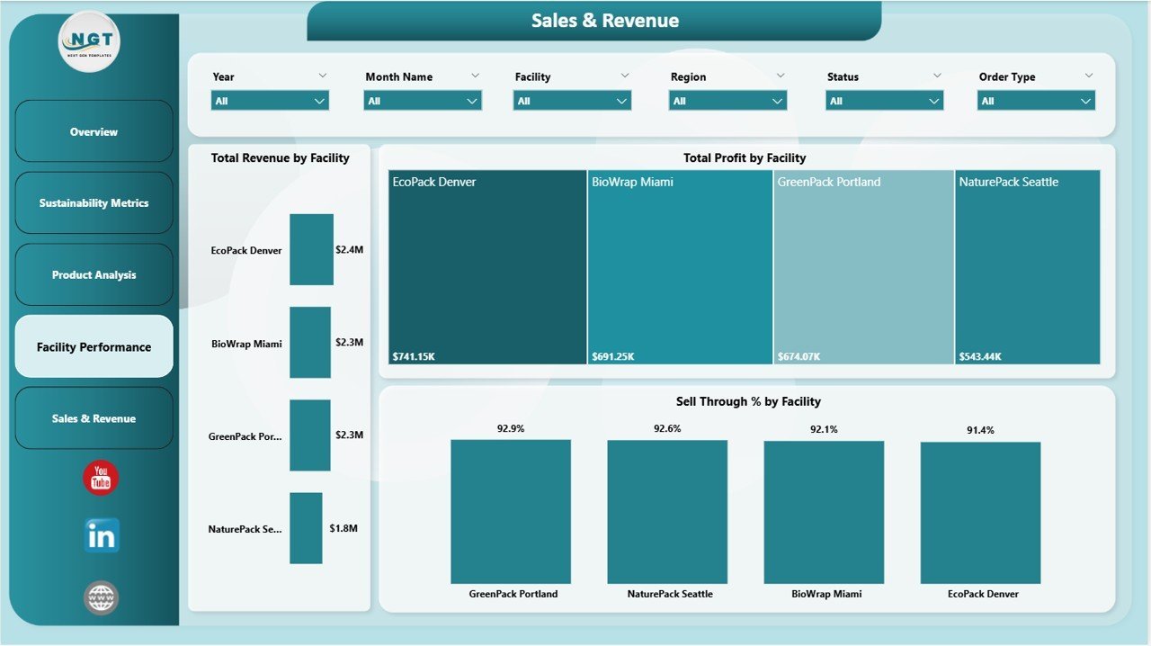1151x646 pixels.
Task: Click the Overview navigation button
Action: (x=94, y=131)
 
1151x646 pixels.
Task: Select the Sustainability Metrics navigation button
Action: (x=94, y=203)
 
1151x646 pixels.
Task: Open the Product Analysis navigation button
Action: (x=94, y=275)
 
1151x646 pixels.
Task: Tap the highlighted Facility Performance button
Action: (x=94, y=346)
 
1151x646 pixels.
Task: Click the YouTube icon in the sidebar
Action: (x=101, y=478)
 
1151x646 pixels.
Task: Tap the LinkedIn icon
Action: (x=101, y=536)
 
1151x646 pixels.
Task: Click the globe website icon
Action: (x=101, y=597)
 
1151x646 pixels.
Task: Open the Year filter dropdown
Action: (x=270, y=101)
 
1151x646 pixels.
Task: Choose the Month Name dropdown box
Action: (x=423, y=101)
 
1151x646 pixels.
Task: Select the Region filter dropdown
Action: (x=727, y=101)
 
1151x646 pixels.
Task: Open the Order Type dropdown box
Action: (x=1036, y=101)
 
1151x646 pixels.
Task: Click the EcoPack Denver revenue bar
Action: (x=311, y=249)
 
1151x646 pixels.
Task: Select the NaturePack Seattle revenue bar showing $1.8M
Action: (x=306, y=528)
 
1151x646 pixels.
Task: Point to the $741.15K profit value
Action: (x=415, y=356)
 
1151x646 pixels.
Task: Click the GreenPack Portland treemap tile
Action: (x=863, y=266)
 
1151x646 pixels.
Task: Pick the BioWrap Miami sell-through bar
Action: (x=824, y=512)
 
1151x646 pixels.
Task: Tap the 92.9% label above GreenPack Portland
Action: (x=511, y=429)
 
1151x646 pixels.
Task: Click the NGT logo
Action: (x=89, y=41)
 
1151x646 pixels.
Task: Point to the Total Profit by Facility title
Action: (x=745, y=157)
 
